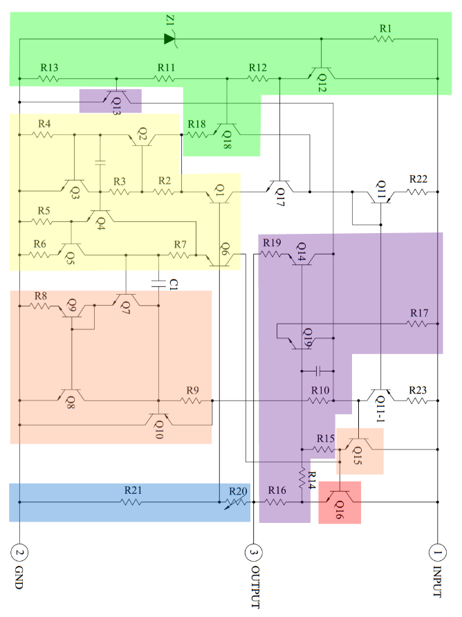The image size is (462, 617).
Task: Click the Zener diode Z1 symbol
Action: click(170, 39)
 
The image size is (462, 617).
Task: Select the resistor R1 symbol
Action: click(385, 39)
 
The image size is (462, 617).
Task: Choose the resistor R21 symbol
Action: click(131, 502)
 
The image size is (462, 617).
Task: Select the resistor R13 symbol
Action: click(48, 79)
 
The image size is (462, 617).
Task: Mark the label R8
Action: click(41, 295)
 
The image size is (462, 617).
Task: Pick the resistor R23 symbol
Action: click(417, 400)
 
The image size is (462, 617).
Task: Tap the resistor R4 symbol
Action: click(44, 135)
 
